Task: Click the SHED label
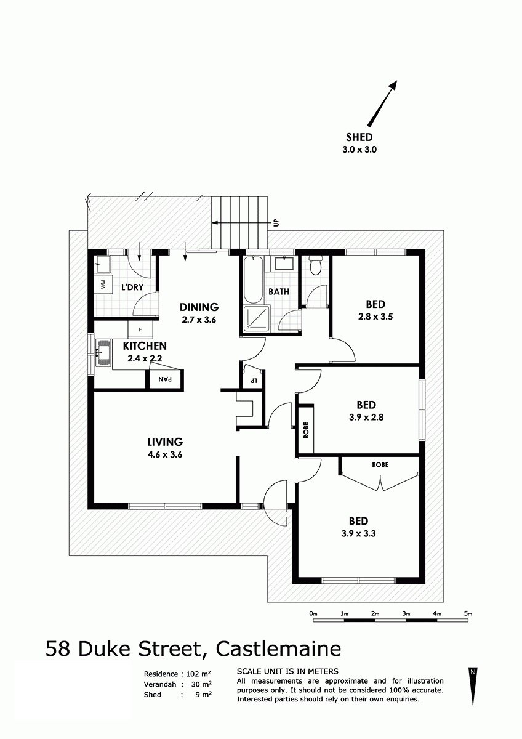pyautogui.click(x=359, y=137)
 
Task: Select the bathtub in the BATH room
pyautogui.click(x=254, y=280)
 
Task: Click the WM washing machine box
pyautogui.click(x=103, y=284)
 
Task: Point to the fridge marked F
pyautogui.click(x=140, y=329)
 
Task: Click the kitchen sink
pyautogui.click(x=103, y=353)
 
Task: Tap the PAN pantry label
pyautogui.click(x=165, y=379)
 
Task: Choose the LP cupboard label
pyautogui.click(x=253, y=381)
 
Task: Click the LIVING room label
pyautogui.click(x=165, y=442)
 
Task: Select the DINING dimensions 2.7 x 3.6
pyautogui.click(x=199, y=320)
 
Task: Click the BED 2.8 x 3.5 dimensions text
pyautogui.click(x=375, y=317)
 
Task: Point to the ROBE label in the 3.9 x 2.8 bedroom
pyautogui.click(x=306, y=430)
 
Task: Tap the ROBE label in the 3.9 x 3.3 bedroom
pyautogui.click(x=380, y=464)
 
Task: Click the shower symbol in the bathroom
pyautogui.click(x=257, y=318)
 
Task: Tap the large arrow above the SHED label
pyautogui.click(x=382, y=103)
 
